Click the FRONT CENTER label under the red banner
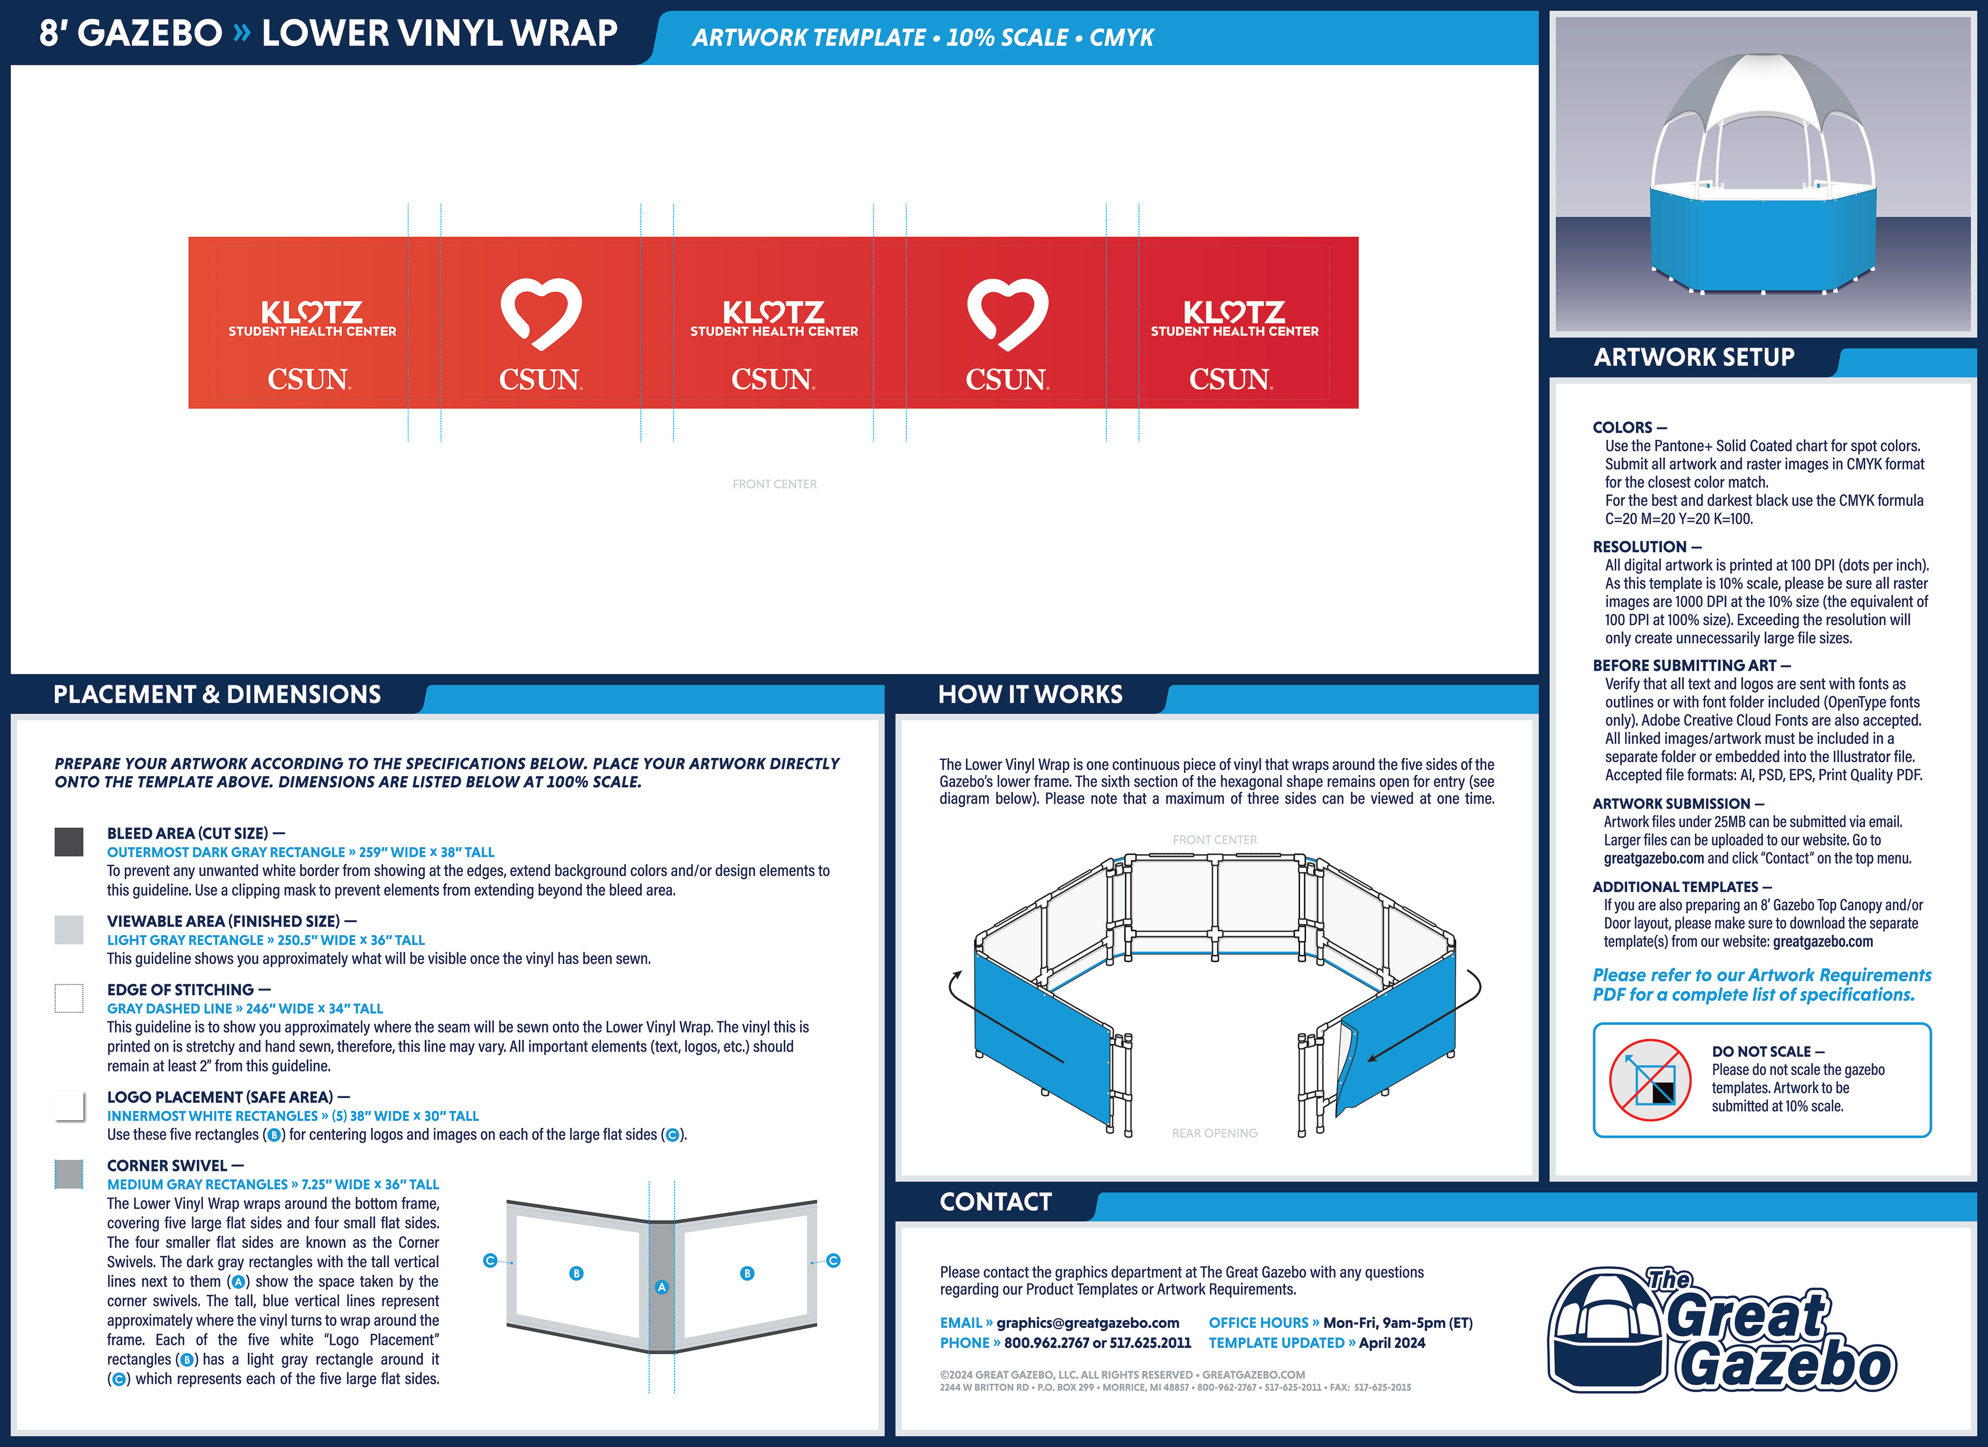(774, 484)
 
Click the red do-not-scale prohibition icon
(1649, 1080)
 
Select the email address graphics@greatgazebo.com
(1088, 1323)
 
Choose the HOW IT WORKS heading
(1030, 695)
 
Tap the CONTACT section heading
(996, 1201)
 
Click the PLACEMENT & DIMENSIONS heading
(217, 695)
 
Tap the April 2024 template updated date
(1392, 1343)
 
